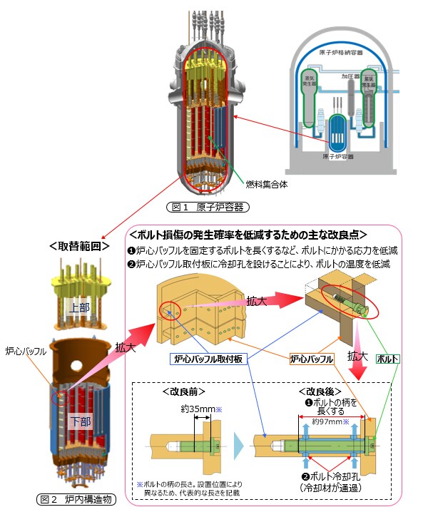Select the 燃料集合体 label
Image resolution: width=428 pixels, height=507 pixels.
tap(265, 183)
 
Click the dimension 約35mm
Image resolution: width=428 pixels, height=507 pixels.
tap(185, 409)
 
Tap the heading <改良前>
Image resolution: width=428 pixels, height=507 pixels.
tap(185, 391)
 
